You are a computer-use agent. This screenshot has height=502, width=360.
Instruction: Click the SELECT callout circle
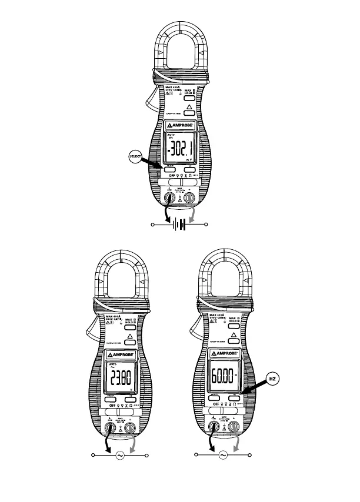[135, 156]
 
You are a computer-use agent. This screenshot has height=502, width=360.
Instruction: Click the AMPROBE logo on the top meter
[181, 126]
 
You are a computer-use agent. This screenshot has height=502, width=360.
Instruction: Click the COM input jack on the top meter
[170, 199]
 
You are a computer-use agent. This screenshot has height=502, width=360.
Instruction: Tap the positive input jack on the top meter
[189, 199]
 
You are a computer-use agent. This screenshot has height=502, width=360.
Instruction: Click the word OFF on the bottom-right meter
[216, 404]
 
